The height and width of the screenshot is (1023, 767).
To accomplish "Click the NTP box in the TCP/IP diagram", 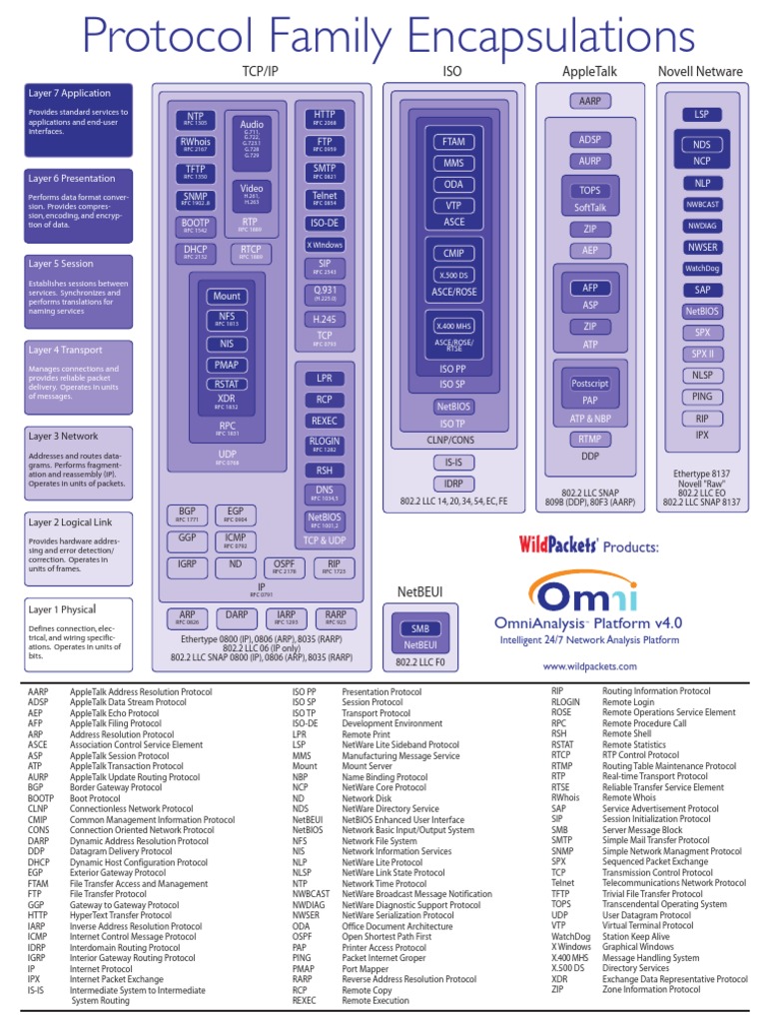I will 195,118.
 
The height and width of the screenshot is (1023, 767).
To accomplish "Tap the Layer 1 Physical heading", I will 62,609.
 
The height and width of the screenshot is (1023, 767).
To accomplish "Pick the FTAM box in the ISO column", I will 452,142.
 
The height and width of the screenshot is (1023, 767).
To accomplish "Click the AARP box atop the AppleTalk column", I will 585,101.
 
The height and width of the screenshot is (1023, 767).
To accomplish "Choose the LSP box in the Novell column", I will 701,115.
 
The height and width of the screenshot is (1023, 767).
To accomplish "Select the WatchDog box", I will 701,268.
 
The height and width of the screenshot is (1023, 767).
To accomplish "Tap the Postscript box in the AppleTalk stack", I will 589,384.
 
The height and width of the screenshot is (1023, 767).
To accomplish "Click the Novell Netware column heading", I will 700,72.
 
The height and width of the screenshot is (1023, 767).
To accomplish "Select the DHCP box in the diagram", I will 195,252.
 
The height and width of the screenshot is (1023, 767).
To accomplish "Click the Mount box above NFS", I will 227,297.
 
